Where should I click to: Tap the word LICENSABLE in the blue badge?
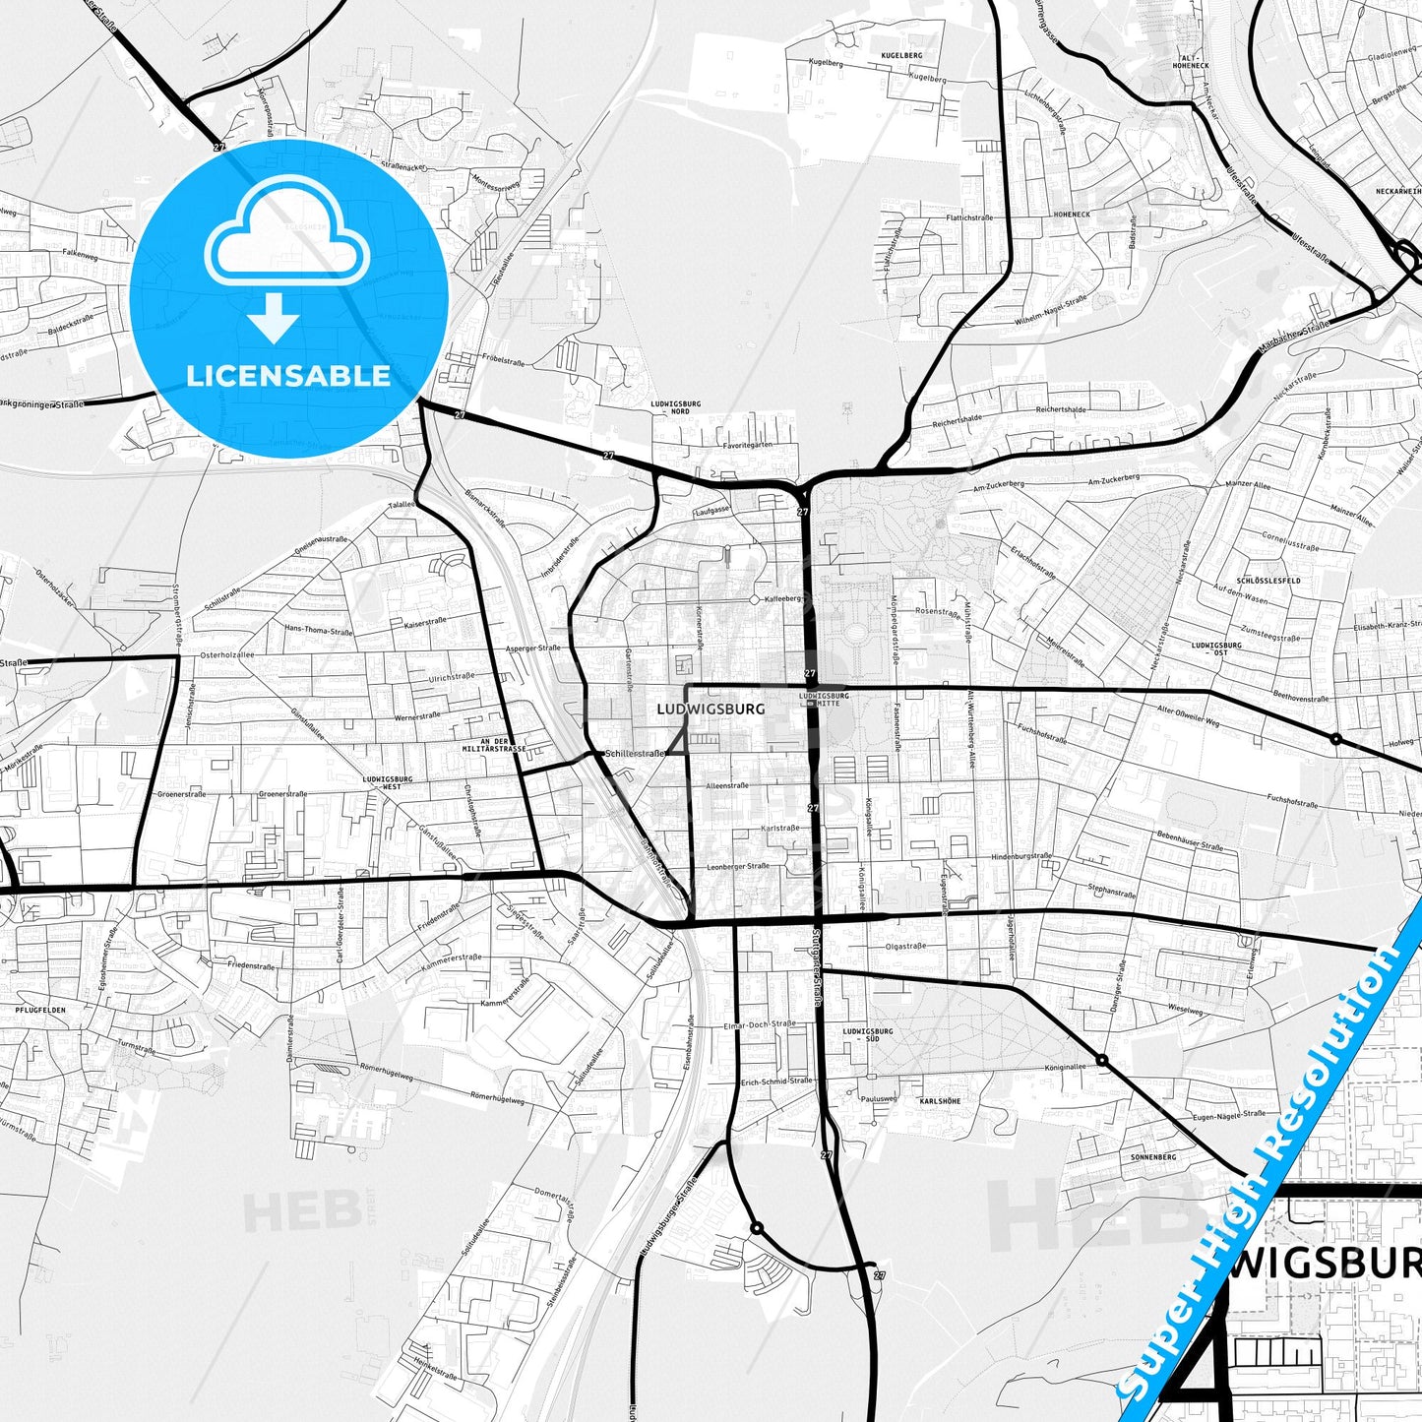tap(288, 376)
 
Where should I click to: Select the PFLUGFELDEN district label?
tap(42, 1011)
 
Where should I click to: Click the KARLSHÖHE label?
tap(939, 1101)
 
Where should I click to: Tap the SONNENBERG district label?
tap(1153, 1157)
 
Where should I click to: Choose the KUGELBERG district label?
tap(901, 56)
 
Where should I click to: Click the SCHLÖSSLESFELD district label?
tap(1269, 581)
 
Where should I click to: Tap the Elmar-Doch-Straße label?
tap(759, 1024)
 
